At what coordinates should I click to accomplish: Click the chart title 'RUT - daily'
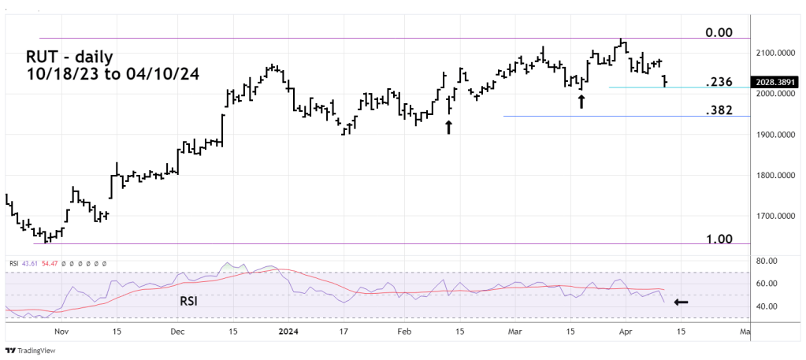[69, 57]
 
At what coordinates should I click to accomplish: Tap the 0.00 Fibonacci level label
[719, 33]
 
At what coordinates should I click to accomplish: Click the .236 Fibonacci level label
[719, 82]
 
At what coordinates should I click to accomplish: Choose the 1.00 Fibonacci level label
[719, 239]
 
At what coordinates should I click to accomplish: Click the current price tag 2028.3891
[775, 81]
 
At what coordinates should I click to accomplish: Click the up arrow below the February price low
[448, 127]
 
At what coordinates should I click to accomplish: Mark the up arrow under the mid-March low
[581, 101]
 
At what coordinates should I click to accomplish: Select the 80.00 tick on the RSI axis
[767, 261]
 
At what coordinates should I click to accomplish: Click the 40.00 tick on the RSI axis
[767, 306]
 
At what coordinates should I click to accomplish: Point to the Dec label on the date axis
[176, 332]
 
